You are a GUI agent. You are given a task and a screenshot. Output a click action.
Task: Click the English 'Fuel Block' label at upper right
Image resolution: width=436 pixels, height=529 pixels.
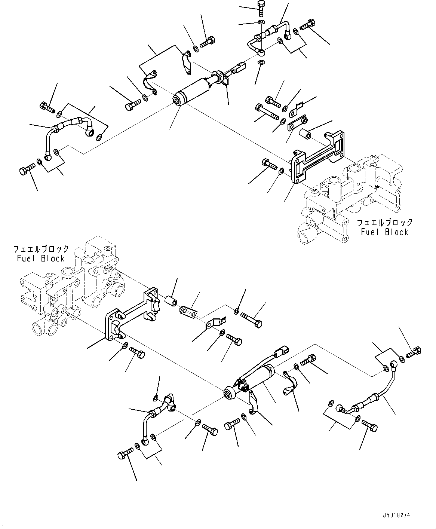[x=384, y=232]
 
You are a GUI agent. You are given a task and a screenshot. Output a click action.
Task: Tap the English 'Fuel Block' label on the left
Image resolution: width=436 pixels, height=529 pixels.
[x=40, y=259]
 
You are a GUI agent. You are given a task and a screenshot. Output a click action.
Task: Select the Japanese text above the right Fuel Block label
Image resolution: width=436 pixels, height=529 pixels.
[x=384, y=223]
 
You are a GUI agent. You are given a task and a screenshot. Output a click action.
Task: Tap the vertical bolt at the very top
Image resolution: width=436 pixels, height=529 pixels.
[x=261, y=7]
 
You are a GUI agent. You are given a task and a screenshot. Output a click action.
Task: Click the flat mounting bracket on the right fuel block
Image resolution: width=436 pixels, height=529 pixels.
[x=318, y=157]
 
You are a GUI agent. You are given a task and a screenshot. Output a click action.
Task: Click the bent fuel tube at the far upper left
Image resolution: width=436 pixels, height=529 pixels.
[x=67, y=131]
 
